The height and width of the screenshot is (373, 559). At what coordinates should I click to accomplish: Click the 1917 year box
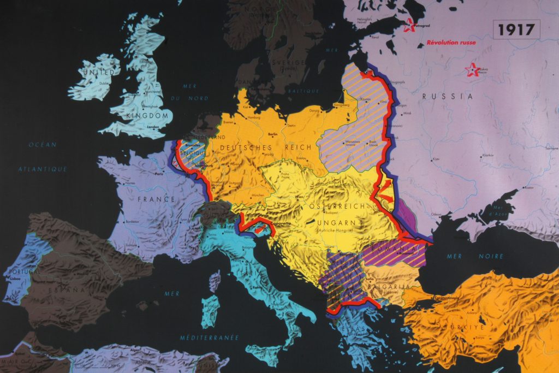coord(516,29)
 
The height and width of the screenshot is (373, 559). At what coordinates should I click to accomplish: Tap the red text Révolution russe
coord(451,43)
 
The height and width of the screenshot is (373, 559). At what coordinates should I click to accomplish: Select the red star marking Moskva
coord(471,70)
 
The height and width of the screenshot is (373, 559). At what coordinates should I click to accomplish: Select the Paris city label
coord(160,175)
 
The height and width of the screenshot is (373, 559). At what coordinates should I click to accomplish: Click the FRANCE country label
coord(156,199)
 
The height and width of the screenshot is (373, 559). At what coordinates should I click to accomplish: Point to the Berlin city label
coord(273,134)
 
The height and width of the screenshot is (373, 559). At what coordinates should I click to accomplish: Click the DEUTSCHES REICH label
coord(265,147)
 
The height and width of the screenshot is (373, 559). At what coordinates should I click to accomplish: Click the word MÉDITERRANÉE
coord(209,338)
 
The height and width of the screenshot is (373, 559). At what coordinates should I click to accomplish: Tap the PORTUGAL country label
coord(21,271)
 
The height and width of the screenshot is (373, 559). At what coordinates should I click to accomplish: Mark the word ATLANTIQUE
coord(43,169)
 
